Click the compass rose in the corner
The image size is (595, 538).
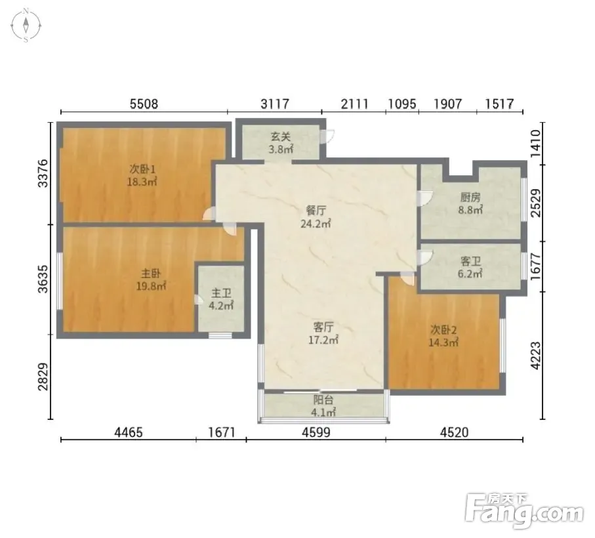[x=26, y=26]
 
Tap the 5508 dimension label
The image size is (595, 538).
[x=144, y=104]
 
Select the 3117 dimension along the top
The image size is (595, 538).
[x=275, y=104]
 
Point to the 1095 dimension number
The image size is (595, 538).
[x=402, y=104]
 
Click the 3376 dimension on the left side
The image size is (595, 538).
[x=43, y=173]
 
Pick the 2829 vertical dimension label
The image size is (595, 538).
[x=43, y=377]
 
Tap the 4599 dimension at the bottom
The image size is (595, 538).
[x=316, y=432]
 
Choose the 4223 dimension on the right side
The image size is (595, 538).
[x=535, y=356]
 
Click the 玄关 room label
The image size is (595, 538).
[x=281, y=136]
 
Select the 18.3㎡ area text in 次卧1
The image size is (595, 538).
[x=142, y=182]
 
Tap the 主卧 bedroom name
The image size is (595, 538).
[x=151, y=273]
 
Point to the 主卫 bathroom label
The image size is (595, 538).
[x=221, y=293]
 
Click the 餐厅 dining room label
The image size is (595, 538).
[x=316, y=210]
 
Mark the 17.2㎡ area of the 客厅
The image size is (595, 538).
[x=323, y=340]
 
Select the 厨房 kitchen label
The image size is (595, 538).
[x=470, y=197]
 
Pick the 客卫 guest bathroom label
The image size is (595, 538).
[x=470, y=261]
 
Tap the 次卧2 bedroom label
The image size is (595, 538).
[x=443, y=329]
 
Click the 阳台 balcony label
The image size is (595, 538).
[x=323, y=400]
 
